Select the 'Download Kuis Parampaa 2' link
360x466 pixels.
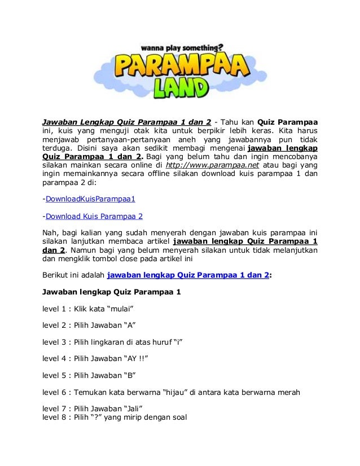[94, 216]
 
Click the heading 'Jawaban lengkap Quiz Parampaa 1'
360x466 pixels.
[112, 292]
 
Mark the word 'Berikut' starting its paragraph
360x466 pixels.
[57, 276]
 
